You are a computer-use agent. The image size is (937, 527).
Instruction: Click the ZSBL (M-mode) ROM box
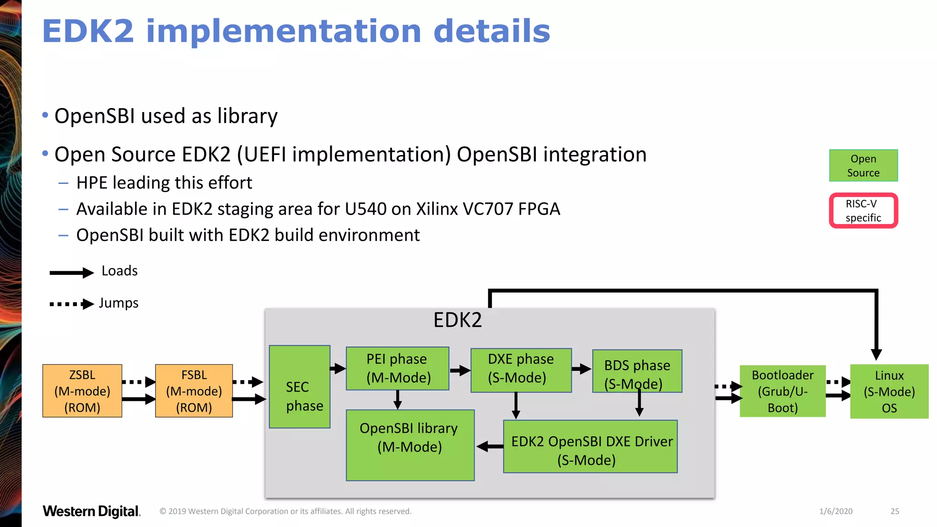(x=82, y=391)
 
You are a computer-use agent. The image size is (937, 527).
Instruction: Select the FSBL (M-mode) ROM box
(x=194, y=391)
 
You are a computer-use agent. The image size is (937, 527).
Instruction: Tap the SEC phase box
(x=300, y=387)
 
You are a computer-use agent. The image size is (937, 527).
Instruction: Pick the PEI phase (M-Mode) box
(x=397, y=368)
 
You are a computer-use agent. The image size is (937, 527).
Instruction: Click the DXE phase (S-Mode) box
(x=521, y=370)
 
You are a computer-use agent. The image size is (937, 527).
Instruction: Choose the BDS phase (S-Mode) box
(x=637, y=371)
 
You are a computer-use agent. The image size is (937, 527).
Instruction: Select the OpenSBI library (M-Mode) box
(x=410, y=445)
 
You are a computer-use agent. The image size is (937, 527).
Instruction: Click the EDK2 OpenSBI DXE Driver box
(x=590, y=446)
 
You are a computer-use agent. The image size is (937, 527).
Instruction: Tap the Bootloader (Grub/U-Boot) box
(x=782, y=391)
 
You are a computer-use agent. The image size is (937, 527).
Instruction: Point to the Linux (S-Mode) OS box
(x=889, y=392)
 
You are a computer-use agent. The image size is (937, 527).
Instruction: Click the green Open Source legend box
(x=863, y=166)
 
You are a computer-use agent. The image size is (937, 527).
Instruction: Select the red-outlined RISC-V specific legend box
(x=863, y=210)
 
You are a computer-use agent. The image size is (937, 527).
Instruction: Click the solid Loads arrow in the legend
(x=71, y=273)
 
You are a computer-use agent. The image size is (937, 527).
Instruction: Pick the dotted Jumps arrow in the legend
(x=71, y=304)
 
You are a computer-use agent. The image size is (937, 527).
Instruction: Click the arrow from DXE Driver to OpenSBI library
(x=490, y=446)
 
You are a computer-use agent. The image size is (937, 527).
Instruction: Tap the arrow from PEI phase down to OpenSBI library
(x=398, y=400)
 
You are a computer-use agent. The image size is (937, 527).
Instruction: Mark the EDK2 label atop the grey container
(x=458, y=320)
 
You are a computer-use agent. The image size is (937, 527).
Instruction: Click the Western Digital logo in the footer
(x=92, y=511)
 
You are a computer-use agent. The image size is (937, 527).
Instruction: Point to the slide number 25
(x=895, y=511)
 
